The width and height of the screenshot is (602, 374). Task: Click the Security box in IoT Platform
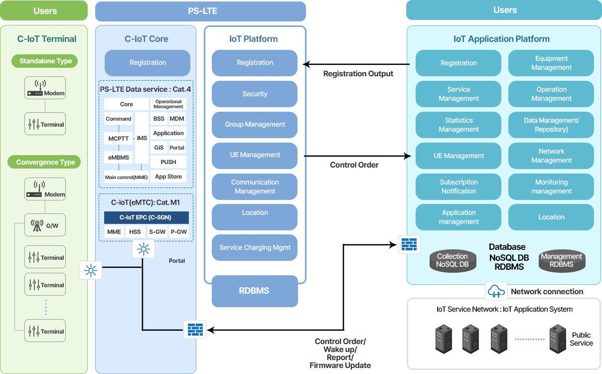click(255, 94)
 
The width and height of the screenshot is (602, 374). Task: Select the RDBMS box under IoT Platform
click(255, 291)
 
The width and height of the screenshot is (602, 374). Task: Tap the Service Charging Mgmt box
click(255, 247)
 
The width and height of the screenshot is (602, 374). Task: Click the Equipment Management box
click(551, 63)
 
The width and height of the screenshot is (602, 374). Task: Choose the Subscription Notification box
click(458, 187)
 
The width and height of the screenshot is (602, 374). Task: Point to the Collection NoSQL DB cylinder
click(452, 260)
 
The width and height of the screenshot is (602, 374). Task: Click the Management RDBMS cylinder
click(562, 260)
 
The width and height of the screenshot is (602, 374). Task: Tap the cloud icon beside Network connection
click(496, 291)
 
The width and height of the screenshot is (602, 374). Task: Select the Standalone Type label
click(46, 61)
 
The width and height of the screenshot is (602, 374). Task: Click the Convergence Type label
click(46, 162)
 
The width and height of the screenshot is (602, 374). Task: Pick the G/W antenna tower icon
click(37, 225)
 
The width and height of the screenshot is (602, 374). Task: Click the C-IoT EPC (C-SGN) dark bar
click(147, 217)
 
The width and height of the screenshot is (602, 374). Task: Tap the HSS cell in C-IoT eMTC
click(135, 232)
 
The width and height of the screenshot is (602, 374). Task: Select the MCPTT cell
click(119, 138)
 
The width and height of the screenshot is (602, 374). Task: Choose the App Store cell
click(168, 177)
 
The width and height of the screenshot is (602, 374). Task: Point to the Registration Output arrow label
click(358, 74)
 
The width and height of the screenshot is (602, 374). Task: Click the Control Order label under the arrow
click(354, 165)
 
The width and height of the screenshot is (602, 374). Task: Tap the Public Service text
click(581, 339)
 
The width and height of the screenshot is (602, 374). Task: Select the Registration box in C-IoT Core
click(148, 63)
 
